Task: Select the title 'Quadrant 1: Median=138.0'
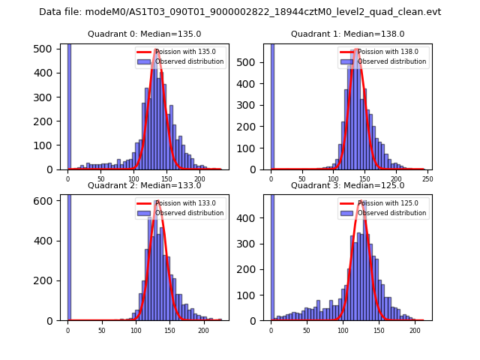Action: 348,34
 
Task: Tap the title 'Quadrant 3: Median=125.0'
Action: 348,185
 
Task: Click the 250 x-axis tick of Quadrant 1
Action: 427,178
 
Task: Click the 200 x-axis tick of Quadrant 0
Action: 200,178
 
